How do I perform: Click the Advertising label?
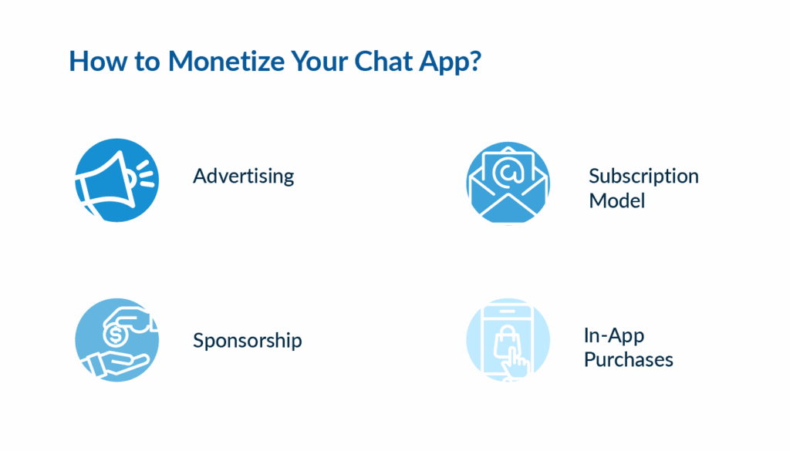pos(243,177)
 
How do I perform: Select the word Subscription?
pos(643,176)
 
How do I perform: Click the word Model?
pos(616,201)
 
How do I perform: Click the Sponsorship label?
pos(247,341)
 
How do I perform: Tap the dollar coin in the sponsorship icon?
pos(117,335)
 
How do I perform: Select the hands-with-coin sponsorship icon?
pos(116,341)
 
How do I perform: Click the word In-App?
pos(613,335)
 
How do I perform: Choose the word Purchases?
pos(628,360)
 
